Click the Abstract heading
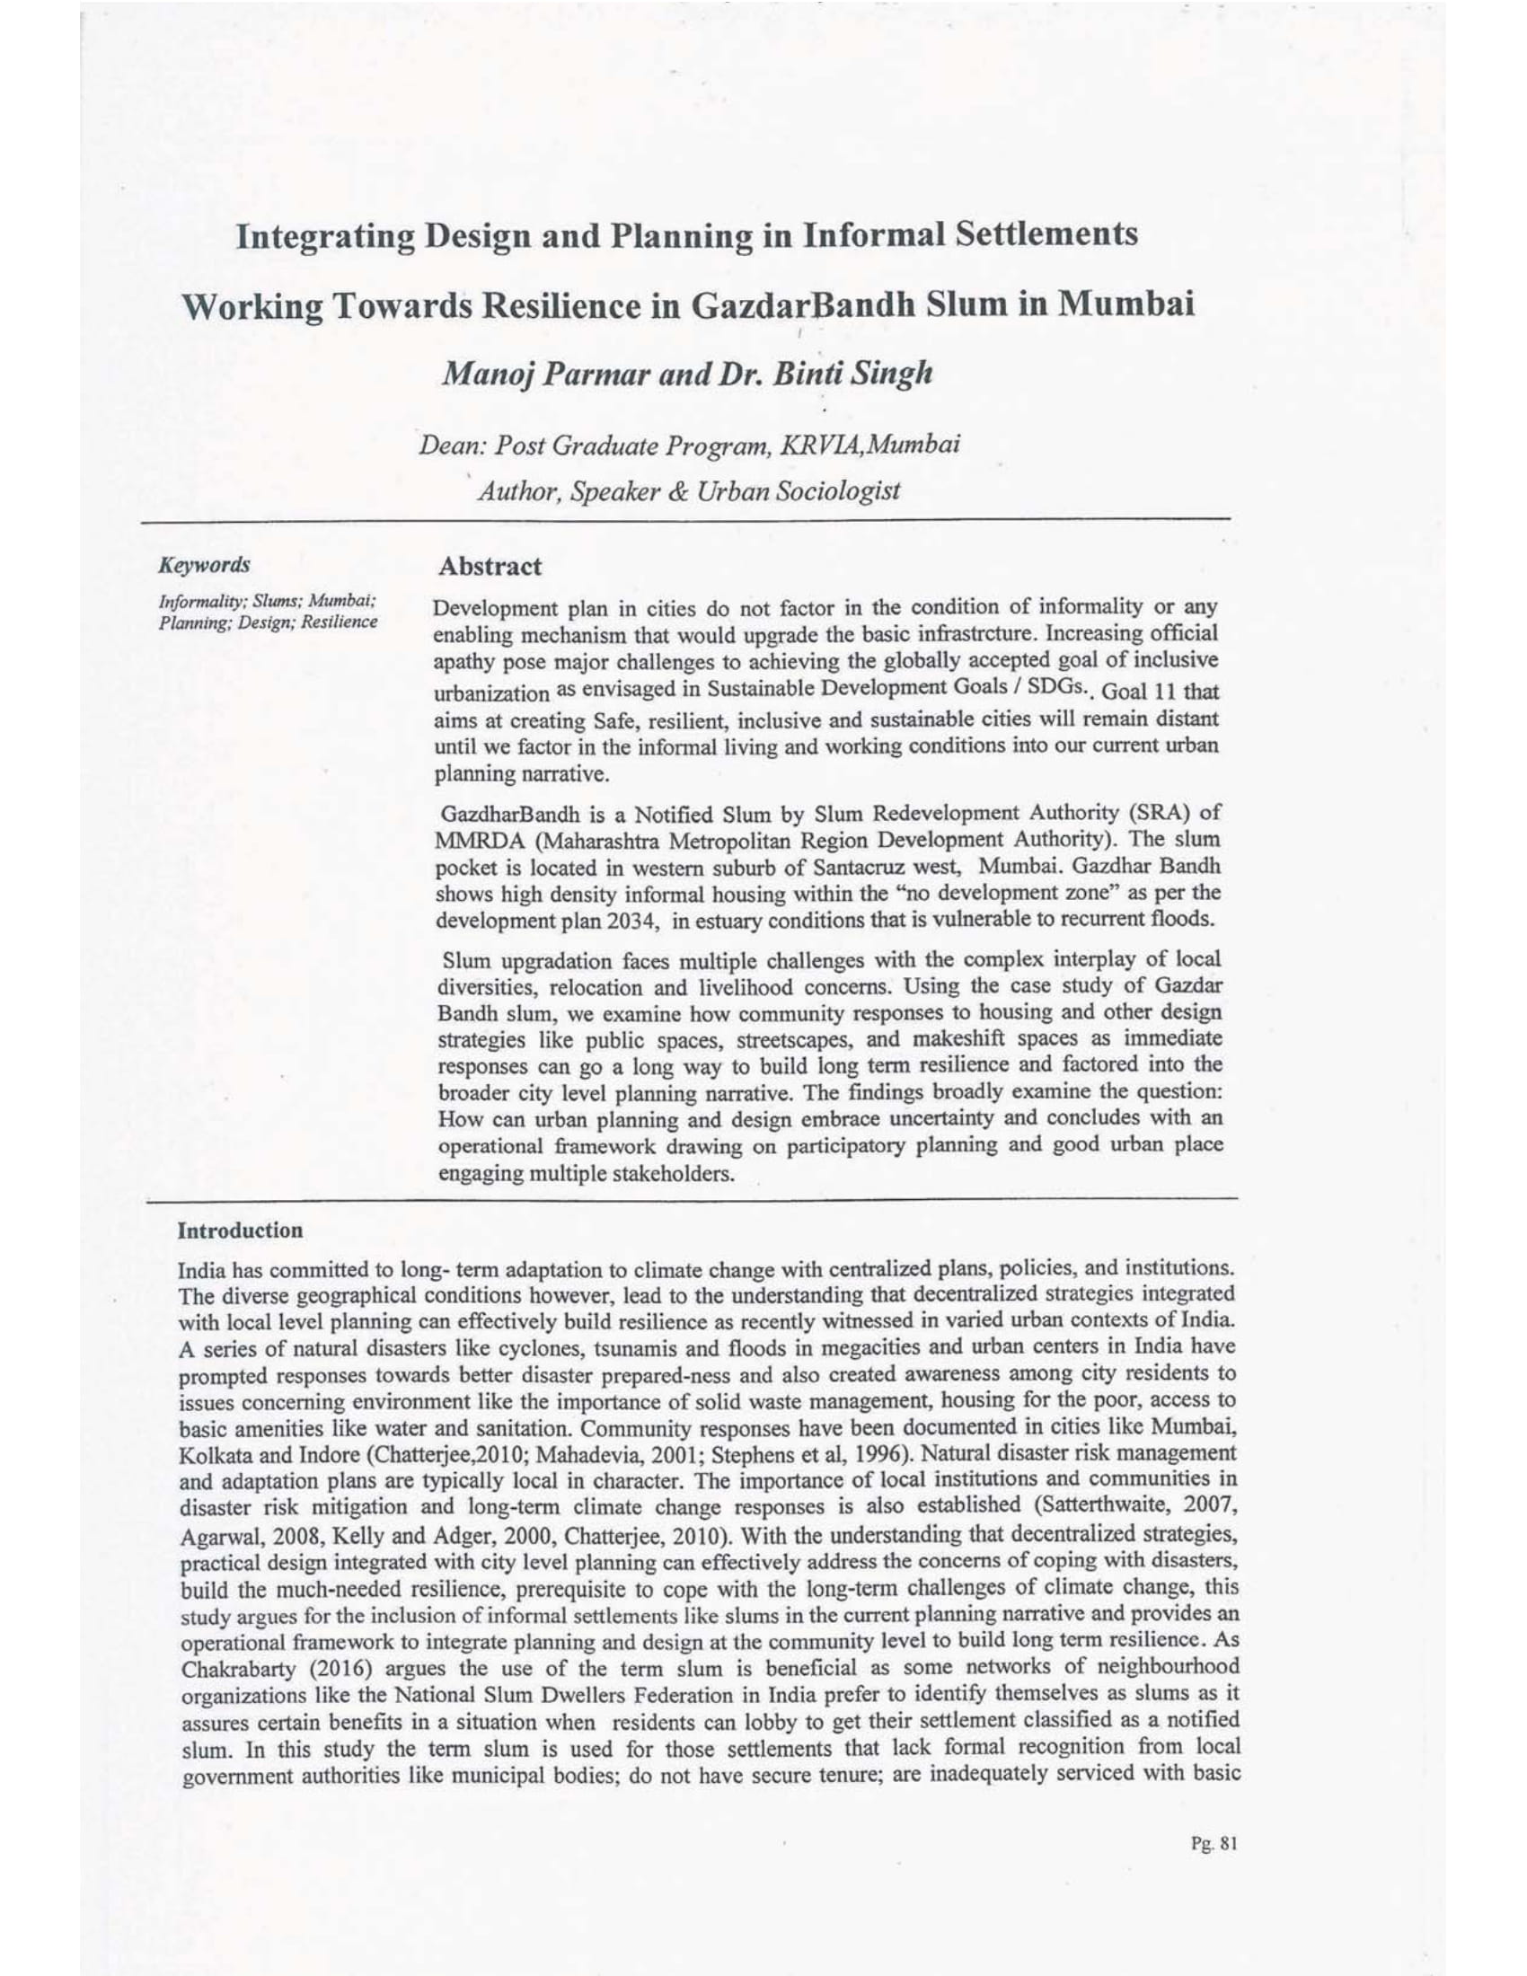490,568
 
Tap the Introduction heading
241,1231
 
